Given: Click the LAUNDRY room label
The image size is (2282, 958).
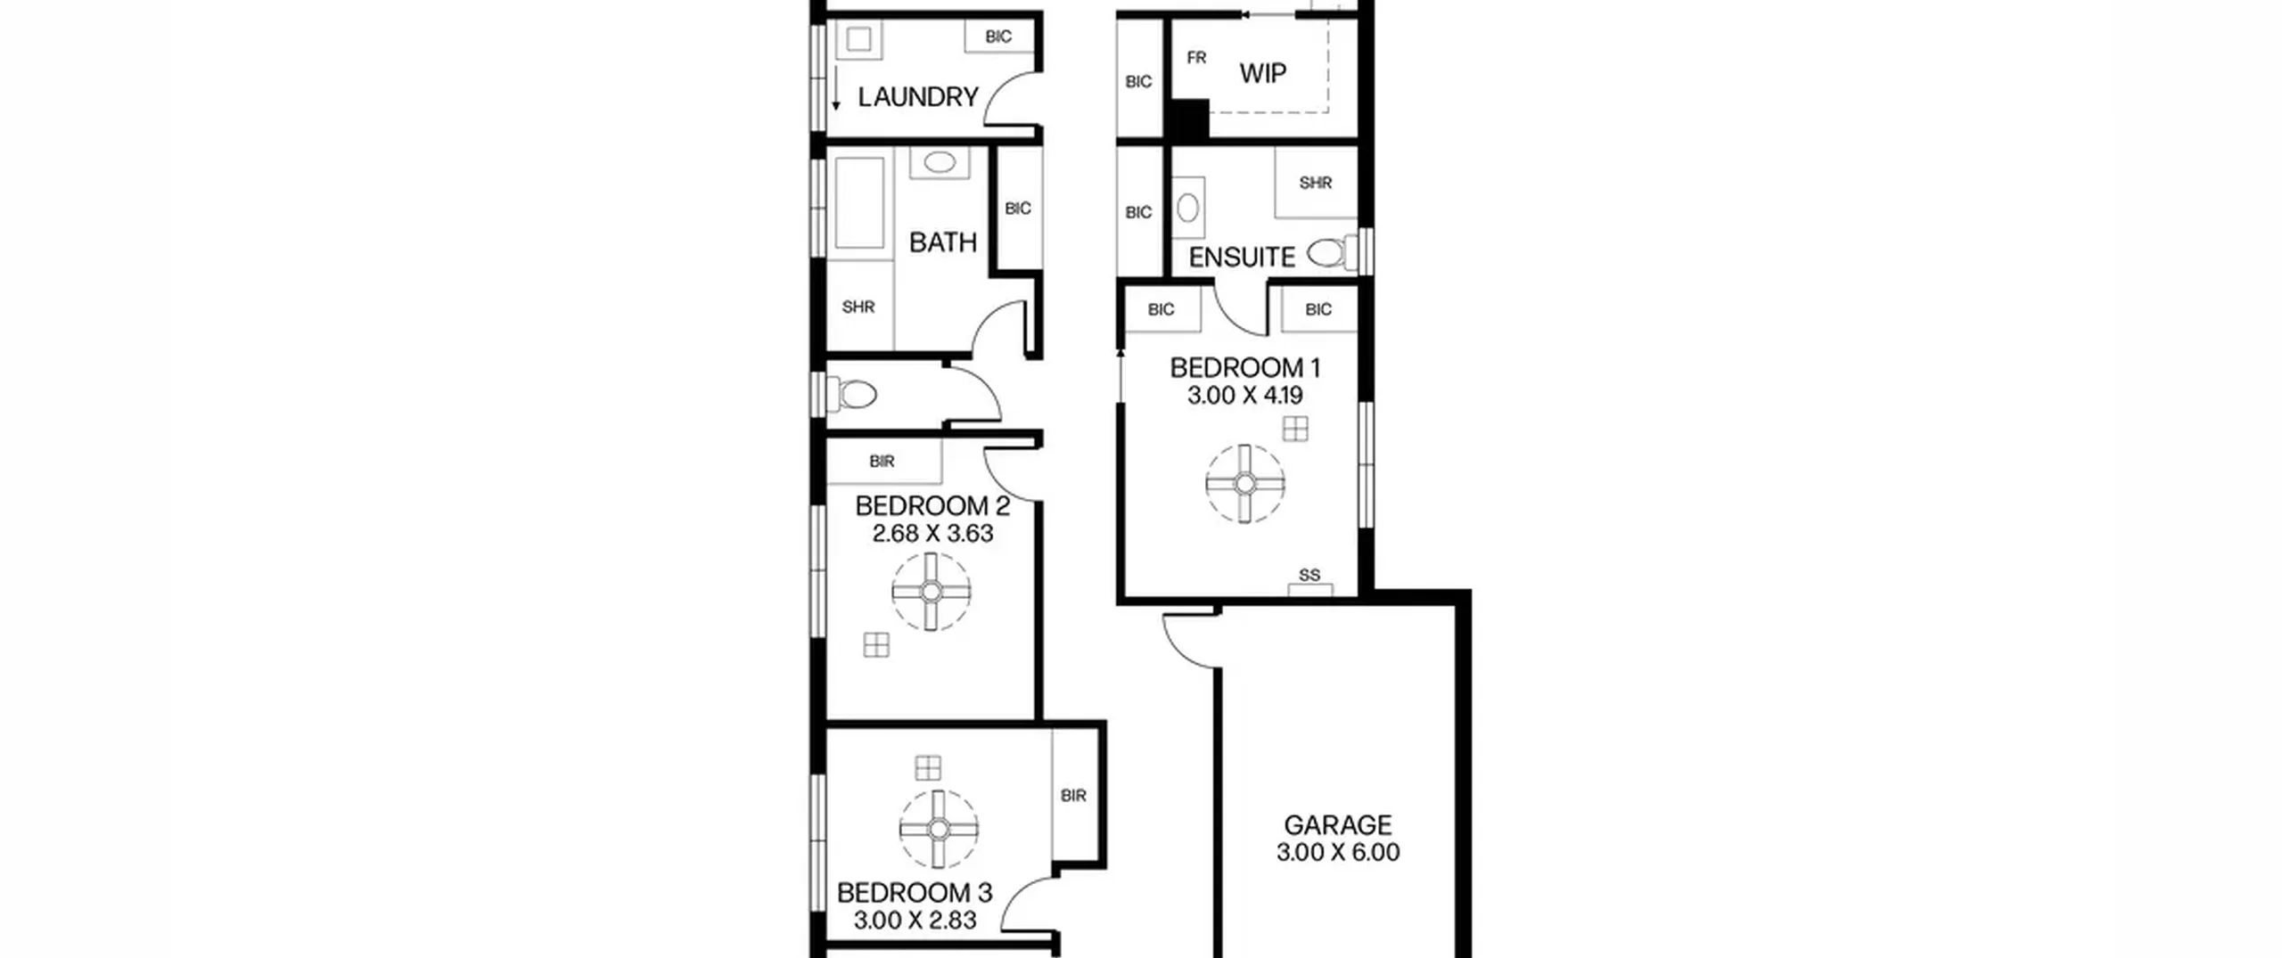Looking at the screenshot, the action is tap(918, 96).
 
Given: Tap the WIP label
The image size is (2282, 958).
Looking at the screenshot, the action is tap(1262, 73).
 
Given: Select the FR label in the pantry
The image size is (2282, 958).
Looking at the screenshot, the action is tap(1196, 57).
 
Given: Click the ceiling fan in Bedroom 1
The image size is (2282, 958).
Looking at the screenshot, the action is tap(1245, 484).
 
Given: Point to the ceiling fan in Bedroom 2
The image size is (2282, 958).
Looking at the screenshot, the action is tap(931, 592).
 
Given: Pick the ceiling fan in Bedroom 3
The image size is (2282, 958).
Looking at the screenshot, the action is tap(938, 830).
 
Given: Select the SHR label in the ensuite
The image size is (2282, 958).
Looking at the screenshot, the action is tap(1315, 183).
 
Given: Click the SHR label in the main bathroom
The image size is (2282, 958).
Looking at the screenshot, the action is tap(858, 307).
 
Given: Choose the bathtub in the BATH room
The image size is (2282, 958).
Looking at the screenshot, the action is tap(860, 203).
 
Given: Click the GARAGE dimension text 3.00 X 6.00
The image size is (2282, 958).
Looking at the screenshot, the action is tap(1338, 852).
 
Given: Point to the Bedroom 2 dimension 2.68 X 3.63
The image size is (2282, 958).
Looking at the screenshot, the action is tap(932, 533).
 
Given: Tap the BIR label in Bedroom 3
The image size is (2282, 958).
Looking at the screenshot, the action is tap(1073, 795).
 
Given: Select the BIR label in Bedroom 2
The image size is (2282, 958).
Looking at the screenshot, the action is tap(882, 461).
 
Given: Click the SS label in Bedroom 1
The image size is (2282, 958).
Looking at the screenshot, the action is tap(1309, 575).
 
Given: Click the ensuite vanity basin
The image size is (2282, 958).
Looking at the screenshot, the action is tap(1187, 208).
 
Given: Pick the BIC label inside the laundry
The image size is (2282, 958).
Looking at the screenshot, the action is tap(998, 37).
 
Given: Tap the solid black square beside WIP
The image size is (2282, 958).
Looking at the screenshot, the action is tap(1187, 119).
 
